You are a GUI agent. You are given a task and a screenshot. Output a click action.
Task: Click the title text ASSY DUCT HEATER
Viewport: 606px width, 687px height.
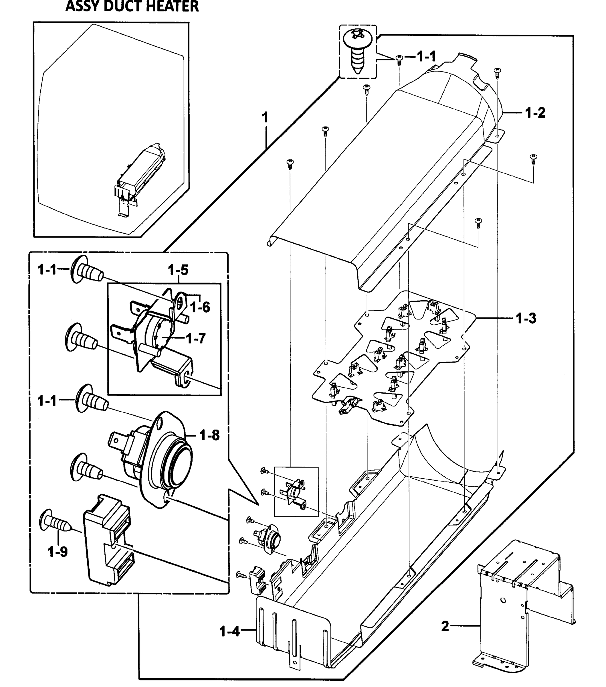(132, 7)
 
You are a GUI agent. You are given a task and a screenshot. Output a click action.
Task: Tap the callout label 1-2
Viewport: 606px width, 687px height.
(535, 112)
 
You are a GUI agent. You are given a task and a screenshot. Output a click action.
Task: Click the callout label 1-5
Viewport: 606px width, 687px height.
(178, 270)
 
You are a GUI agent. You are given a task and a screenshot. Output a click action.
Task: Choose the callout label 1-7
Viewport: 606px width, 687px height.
(195, 338)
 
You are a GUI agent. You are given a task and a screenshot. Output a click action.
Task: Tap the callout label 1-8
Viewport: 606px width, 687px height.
(209, 435)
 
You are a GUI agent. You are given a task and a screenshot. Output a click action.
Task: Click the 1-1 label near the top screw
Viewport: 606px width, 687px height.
(426, 56)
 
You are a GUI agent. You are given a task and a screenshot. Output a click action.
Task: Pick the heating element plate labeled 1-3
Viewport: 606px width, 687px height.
(393, 356)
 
